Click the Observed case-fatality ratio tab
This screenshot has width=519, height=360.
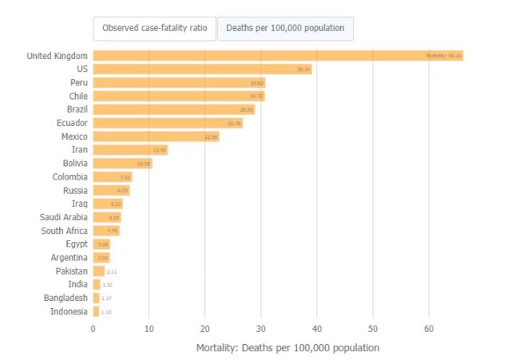(154, 28)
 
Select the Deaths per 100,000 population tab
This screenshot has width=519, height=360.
(285, 28)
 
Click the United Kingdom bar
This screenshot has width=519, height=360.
(278, 56)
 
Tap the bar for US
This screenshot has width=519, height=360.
(202, 69)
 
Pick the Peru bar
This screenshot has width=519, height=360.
(179, 83)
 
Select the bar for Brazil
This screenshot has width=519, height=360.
(174, 109)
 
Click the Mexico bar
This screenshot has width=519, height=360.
(156, 136)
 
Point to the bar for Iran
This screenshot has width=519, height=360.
(130, 150)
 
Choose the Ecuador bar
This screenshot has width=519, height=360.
(168, 123)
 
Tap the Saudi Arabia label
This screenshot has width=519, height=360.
(64, 217)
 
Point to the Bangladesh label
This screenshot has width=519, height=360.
(65, 298)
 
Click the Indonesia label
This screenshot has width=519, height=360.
(69, 311)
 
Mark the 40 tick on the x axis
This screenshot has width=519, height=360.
(317, 328)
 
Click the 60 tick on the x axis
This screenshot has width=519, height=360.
(429, 328)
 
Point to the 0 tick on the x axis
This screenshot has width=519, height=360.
(93, 328)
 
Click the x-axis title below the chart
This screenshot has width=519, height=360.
(287, 348)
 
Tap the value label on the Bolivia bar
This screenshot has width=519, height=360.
(144, 164)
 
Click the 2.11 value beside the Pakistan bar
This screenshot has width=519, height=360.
(112, 271)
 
